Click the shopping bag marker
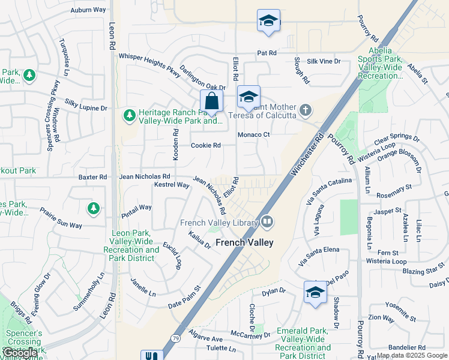(211, 102)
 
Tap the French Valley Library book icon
(267, 223)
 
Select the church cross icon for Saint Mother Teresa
(306, 110)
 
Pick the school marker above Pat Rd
(268, 21)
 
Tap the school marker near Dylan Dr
(315, 292)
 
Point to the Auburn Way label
(88, 10)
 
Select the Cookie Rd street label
(206, 145)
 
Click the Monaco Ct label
(254, 135)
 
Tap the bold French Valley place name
(244, 243)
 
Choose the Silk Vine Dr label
(324, 61)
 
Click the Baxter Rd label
(92, 177)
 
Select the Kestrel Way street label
(172, 185)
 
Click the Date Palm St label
(184, 302)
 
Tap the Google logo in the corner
(20, 353)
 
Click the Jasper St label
(387, 211)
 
